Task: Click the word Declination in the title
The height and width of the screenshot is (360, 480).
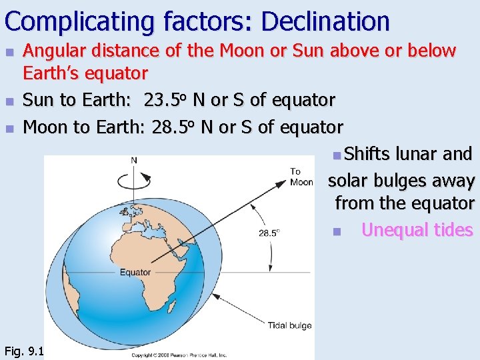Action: click(x=325, y=21)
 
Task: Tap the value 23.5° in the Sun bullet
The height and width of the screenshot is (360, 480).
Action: click(x=165, y=100)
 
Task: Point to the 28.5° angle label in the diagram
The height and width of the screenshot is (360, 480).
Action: click(x=269, y=233)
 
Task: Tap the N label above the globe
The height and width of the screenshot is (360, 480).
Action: click(x=134, y=160)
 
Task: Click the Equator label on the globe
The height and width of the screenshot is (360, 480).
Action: click(x=135, y=272)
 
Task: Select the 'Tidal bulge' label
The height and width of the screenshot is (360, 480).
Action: click(x=289, y=325)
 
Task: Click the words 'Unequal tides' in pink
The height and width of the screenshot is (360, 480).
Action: click(x=417, y=230)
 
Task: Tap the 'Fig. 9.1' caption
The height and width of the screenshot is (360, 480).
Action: click(x=23, y=350)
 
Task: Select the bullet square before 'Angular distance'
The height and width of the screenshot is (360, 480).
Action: click(x=9, y=51)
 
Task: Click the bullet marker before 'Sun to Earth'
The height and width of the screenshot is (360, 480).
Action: click(x=9, y=101)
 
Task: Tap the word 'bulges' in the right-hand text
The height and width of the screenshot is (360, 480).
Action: click(x=402, y=181)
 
